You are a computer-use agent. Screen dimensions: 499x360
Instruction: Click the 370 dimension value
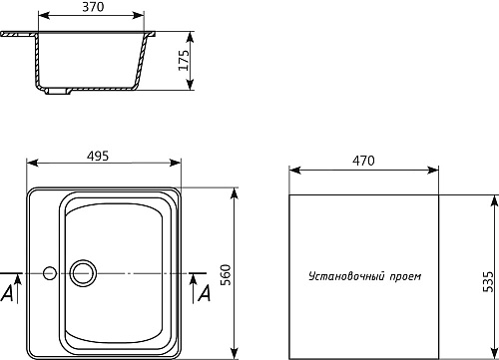(93, 7)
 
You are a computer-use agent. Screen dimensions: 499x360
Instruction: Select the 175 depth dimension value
(184, 60)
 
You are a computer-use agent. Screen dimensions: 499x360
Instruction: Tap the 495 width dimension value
(98, 156)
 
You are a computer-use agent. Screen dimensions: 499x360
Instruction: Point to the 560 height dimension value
(226, 275)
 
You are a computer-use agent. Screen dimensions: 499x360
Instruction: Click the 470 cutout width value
(363, 161)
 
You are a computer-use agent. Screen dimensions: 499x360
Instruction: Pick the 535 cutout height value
(488, 282)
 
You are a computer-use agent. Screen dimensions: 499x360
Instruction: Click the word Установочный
(347, 276)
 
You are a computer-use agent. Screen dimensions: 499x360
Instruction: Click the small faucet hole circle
(50, 273)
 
